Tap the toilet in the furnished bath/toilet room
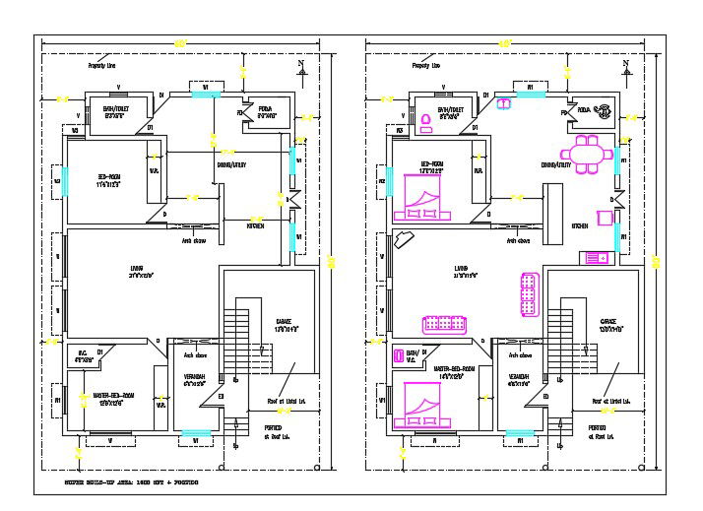[426, 122]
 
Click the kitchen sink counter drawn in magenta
[596, 257]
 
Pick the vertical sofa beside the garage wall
[527, 293]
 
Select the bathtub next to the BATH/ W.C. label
[398, 356]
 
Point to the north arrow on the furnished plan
[624, 67]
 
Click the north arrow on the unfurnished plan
[301, 67]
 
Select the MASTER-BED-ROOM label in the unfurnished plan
[113, 396]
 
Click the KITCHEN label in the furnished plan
[581, 225]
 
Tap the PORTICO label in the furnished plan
[597, 427]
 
